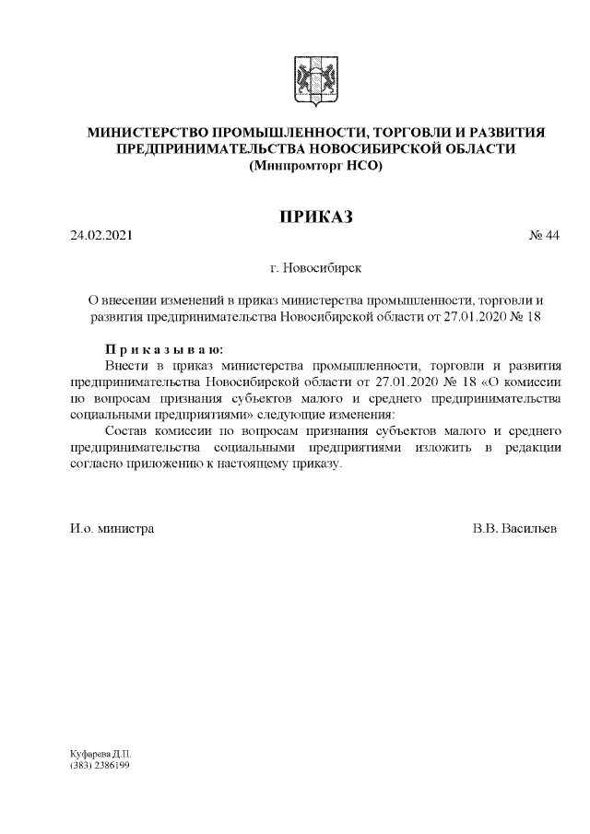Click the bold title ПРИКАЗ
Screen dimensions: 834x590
click(x=315, y=217)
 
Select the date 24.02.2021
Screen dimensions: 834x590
click(x=101, y=235)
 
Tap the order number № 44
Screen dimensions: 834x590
click(x=544, y=235)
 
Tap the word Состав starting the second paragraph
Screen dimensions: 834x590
click(x=127, y=431)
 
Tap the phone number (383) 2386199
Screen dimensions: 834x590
click(x=100, y=765)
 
